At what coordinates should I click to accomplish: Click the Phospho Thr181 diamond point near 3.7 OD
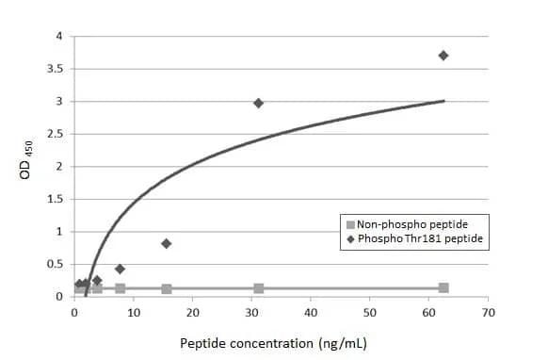443,56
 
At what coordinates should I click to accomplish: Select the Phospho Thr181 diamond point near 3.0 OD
259,103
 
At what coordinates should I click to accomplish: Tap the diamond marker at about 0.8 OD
167,243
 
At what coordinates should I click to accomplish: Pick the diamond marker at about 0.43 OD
120,269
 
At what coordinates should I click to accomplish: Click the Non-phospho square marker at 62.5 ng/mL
443,287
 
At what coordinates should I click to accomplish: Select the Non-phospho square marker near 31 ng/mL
259,287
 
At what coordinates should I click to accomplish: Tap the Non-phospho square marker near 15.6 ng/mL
167,288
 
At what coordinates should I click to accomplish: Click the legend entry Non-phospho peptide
412,224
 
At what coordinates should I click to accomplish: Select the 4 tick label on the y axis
58,37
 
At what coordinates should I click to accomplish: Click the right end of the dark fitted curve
444,101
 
